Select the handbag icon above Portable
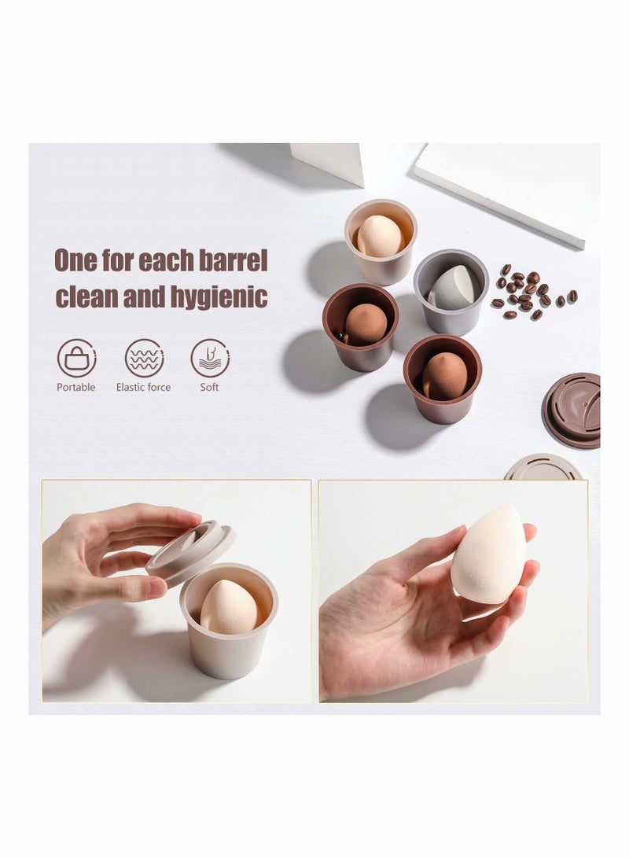pyautogui.click(x=76, y=358)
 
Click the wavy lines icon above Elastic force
pyautogui.click(x=144, y=358)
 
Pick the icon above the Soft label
pyautogui.click(x=210, y=358)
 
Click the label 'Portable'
pyautogui.click(x=76, y=387)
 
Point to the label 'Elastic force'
pyautogui.click(x=143, y=387)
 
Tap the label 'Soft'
pyautogui.click(x=209, y=387)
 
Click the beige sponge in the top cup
pyautogui.click(x=380, y=235)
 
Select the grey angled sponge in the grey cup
pyautogui.click(x=454, y=289)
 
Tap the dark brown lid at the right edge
pyautogui.click(x=572, y=410)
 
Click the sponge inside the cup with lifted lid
pyautogui.click(x=228, y=608)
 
